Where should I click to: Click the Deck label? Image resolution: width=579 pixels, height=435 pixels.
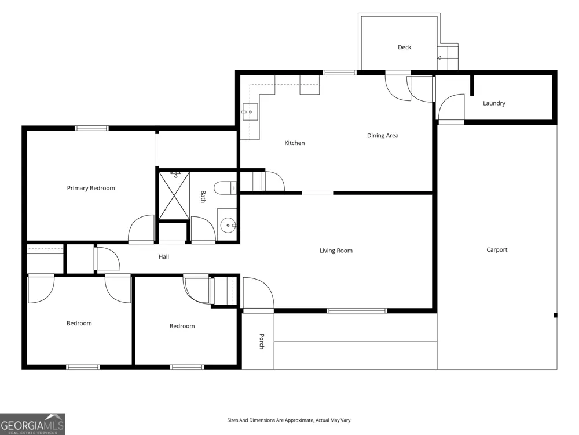(404, 48)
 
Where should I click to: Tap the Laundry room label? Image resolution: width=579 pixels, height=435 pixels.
(494, 103)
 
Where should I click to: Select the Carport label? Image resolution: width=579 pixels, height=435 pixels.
(497, 249)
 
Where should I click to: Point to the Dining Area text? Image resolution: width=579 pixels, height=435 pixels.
(383, 136)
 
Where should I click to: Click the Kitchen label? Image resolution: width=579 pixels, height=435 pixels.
(294, 143)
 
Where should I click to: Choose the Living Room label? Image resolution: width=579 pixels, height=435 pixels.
(336, 251)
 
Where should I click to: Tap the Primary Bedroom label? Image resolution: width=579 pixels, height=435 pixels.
(91, 188)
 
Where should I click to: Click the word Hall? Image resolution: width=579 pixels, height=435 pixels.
(164, 256)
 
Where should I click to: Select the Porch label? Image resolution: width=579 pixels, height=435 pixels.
(262, 341)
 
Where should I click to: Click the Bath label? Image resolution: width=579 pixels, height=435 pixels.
(203, 197)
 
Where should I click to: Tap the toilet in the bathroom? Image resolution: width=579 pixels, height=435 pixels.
(225, 188)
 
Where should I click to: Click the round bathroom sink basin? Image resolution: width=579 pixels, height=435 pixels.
(228, 225)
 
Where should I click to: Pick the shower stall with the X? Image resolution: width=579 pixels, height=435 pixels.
(174, 195)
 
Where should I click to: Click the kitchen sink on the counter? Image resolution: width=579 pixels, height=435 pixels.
(250, 112)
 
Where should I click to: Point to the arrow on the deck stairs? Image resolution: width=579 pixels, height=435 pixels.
(439, 59)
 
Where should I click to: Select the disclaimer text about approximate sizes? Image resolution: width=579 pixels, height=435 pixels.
(289, 420)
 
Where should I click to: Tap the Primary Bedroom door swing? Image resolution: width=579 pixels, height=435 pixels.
(141, 229)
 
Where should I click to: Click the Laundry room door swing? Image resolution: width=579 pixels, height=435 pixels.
(451, 107)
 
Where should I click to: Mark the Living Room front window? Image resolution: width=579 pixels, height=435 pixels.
(357, 311)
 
